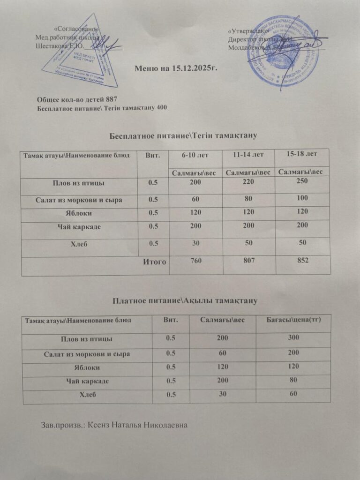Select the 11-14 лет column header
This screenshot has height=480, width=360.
point(249,154)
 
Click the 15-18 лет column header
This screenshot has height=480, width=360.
point(301,153)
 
